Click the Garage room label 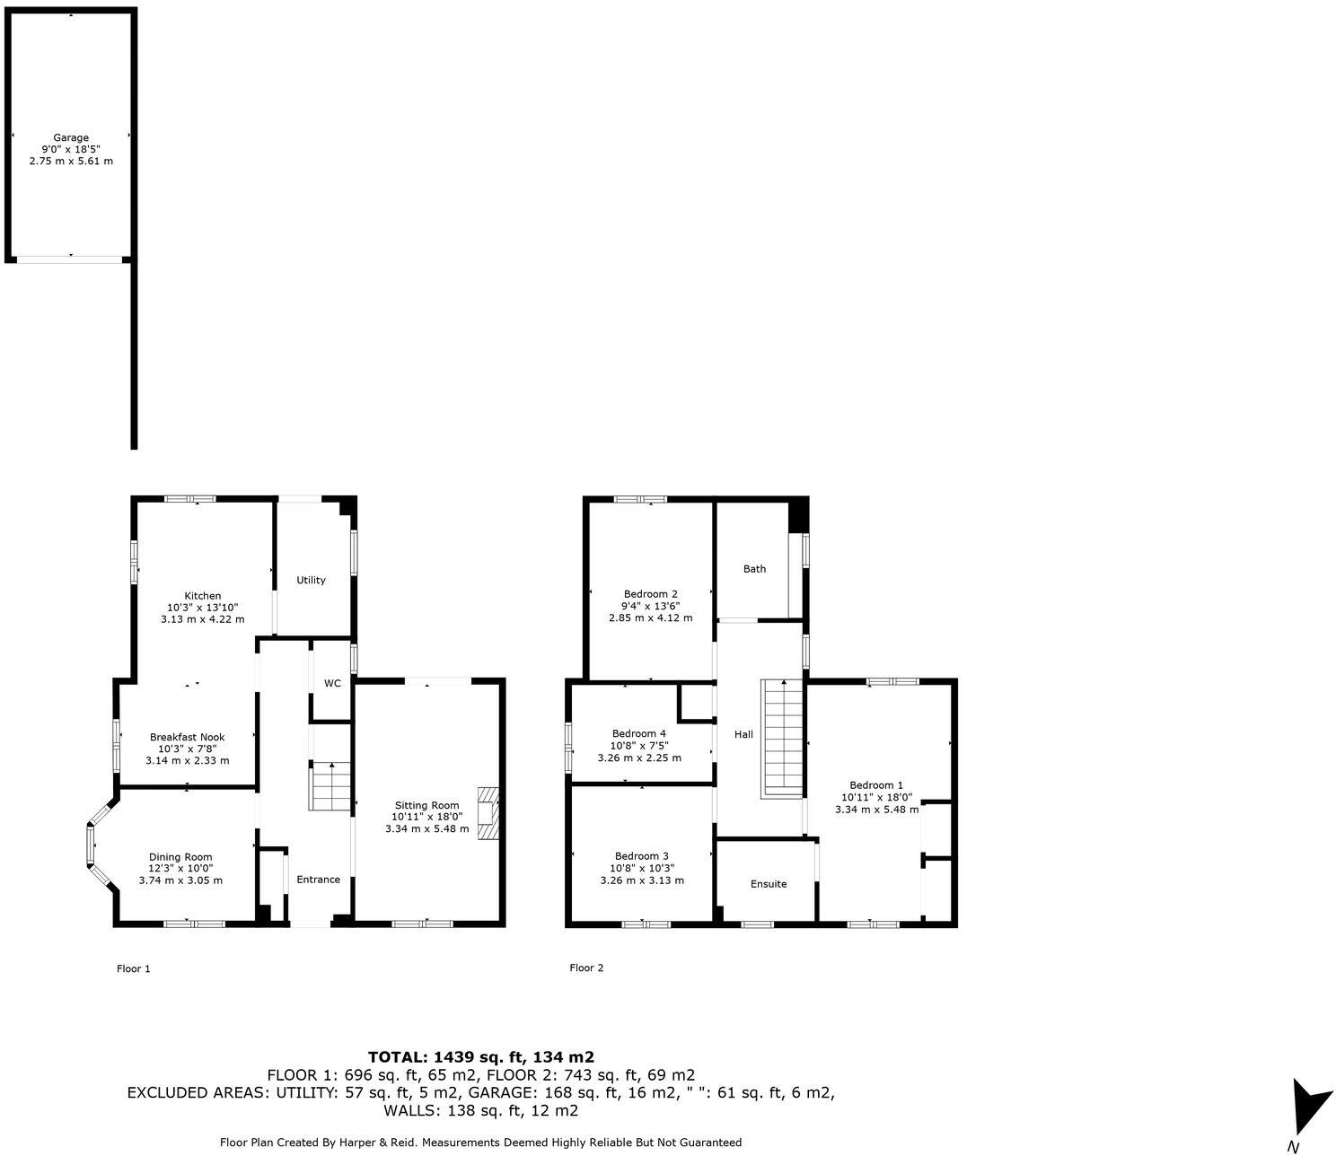[71, 138]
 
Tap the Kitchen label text [203, 596]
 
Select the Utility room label [312, 581]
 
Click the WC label [332, 683]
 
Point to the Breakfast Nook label [187, 737]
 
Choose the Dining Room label [180, 857]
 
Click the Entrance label [319, 880]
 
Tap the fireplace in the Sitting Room [487, 813]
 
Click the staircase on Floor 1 [330, 786]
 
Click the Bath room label [754, 569]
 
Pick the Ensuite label [769, 884]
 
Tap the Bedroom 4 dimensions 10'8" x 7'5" [639, 745]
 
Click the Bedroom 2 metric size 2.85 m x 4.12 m [651, 617]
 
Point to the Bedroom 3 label [642, 856]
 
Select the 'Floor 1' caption [134, 968]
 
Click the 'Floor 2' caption [586, 968]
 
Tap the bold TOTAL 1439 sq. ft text [481, 1057]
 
